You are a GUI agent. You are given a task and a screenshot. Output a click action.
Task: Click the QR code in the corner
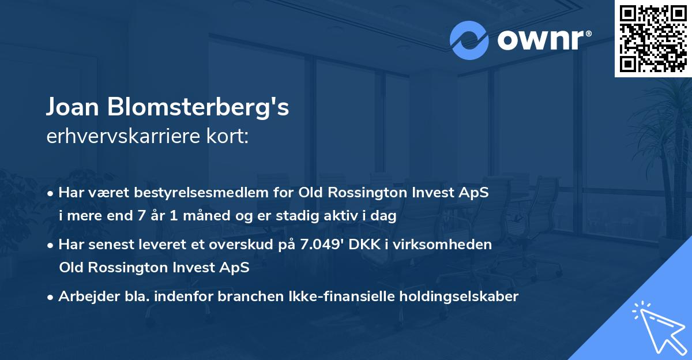click(x=653, y=38)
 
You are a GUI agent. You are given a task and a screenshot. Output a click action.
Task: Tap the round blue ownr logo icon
click(x=469, y=40)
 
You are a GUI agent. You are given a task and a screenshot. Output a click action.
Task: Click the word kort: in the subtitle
click(x=231, y=138)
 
